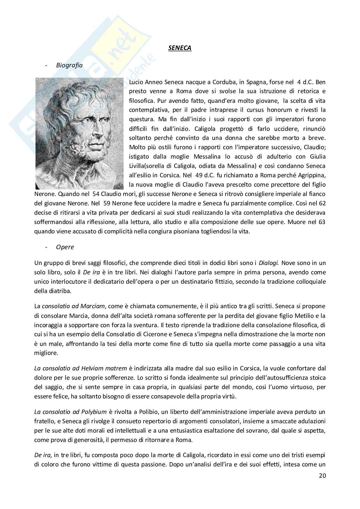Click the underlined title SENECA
click(180, 48)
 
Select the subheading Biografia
click(69, 65)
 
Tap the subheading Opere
click(65, 247)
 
